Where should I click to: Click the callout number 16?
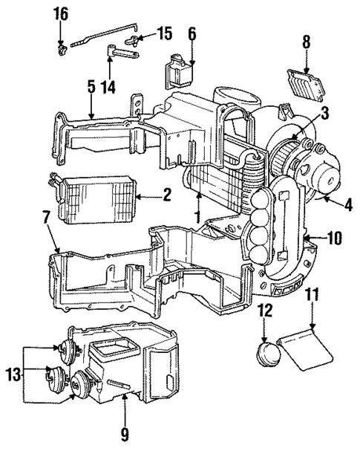pos(60,13)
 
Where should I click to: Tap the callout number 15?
pos(165,33)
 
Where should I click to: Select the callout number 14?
pos(108,86)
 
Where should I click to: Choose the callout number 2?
pos(166,196)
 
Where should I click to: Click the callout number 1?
pos(197,218)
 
